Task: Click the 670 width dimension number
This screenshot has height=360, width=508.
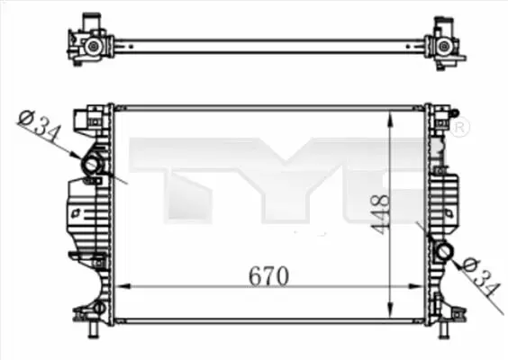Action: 268,276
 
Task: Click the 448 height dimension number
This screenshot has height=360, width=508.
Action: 380,214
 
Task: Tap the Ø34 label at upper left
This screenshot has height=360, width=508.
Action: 40,126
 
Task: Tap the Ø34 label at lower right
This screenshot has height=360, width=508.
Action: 480,277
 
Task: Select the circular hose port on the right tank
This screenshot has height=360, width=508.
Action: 445,251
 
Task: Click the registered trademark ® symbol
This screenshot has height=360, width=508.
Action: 459,126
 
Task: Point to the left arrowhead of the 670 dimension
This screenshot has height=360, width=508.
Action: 123,286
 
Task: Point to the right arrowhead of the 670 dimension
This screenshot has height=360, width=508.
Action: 416,286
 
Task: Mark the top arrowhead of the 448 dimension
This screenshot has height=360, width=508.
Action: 391,119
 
